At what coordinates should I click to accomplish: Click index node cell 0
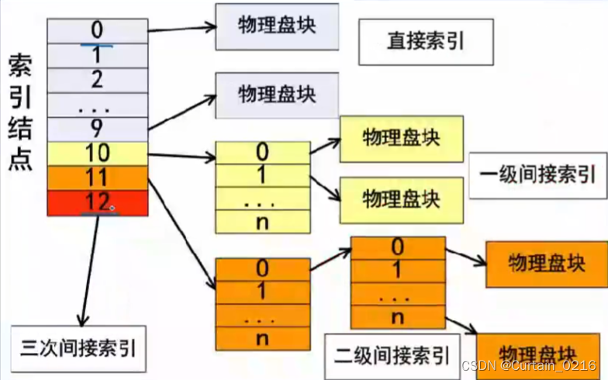pos(97,30)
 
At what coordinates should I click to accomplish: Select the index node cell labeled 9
pos(97,129)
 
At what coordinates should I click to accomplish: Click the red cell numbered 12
pos(97,203)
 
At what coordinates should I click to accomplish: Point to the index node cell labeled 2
pos(97,79)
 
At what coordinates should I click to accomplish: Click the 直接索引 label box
pos(425,41)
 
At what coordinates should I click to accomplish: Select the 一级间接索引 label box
pos(536,175)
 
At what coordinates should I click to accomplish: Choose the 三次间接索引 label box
pos(78,347)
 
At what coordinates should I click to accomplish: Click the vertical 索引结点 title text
pos(20,112)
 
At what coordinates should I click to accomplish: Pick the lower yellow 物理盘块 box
pos(401,199)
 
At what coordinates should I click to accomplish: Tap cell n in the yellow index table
pos(262,221)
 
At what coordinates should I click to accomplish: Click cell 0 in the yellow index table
pos(262,152)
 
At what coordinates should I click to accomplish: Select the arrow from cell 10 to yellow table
pos(181,157)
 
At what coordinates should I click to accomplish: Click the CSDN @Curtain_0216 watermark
pos(527,364)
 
